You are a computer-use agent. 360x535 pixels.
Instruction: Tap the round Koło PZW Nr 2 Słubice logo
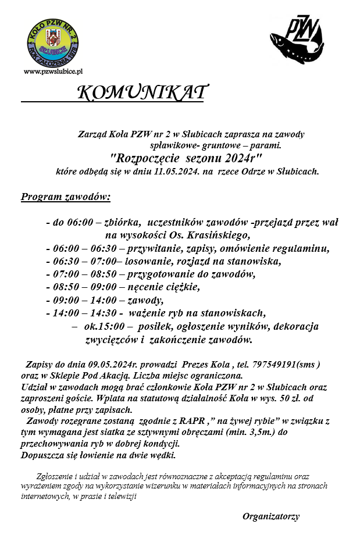pos(54,42)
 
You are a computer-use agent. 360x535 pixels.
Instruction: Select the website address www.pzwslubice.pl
pos(54,71)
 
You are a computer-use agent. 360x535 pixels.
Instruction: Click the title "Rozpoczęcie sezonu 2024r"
pos(186,157)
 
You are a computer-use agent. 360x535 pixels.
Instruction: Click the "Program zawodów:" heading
pos(66,197)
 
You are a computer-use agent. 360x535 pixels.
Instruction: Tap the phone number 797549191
pos(273,365)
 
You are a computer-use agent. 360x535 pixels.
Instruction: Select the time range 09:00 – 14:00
pos(83,301)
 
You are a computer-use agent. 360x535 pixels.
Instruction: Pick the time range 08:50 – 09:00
pos(83,287)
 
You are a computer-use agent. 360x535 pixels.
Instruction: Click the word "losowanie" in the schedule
pos(152,261)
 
